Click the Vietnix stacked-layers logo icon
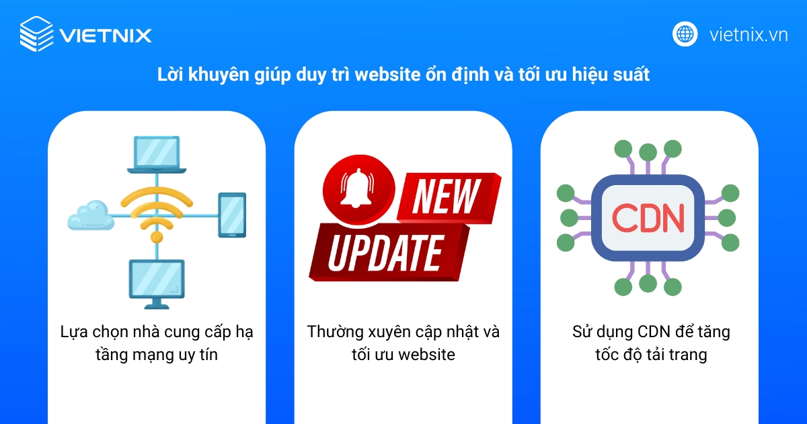coord(36,34)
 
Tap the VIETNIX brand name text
coord(105,35)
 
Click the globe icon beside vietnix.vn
coord(685,34)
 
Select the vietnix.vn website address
coord(748,35)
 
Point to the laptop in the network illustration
coord(157,153)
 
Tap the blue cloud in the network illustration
coord(90,215)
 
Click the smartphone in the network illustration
coord(232,215)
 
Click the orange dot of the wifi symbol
coord(157,237)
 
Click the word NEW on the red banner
coord(445,197)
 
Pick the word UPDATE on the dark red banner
coord(384,254)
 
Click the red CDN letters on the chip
coord(648,217)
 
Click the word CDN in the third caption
coord(650,332)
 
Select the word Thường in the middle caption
coord(335,332)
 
